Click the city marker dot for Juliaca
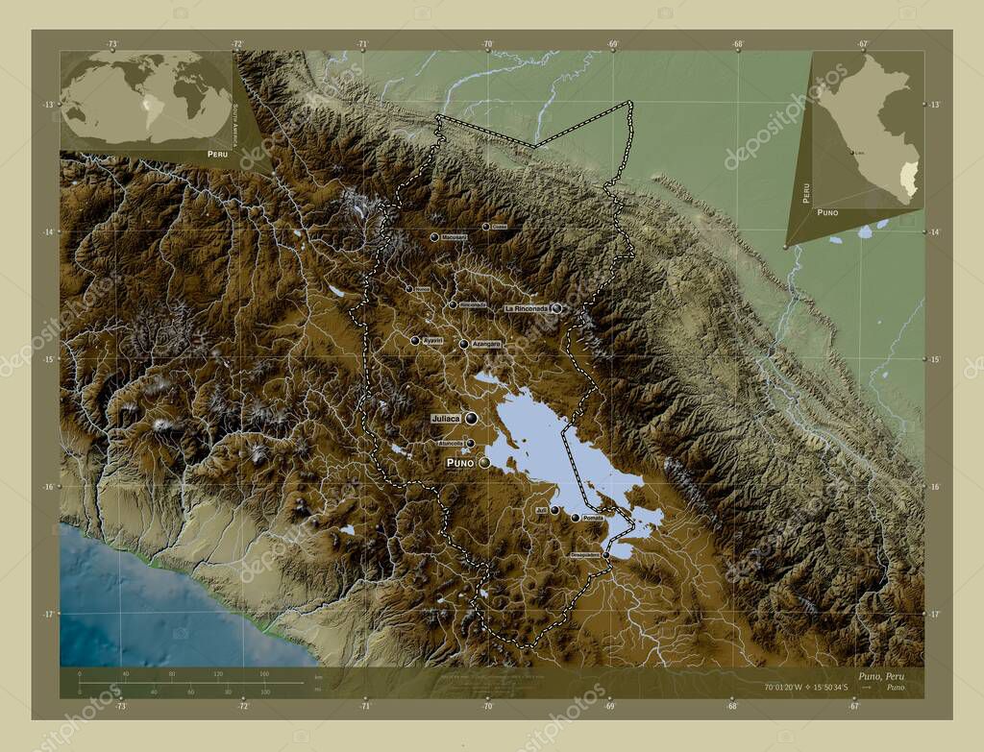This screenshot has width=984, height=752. pos(471,418)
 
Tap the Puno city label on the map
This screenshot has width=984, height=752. pos(458,463)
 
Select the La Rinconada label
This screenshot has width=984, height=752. pos(527,308)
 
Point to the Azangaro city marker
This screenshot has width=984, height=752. pos(463,344)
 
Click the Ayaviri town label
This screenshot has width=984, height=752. pos(433,340)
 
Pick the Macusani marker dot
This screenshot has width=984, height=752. pos(434,236)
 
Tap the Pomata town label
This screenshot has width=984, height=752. pos(593,518)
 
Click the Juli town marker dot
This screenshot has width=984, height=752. pos(554,510)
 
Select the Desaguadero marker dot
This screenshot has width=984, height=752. pos(605,554)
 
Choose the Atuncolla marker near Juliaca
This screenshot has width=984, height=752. pos(470,443)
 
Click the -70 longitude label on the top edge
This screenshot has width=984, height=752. pos(487,43)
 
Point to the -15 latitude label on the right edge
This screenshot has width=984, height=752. pos(934,358)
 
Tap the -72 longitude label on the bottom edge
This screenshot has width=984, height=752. pos(242,706)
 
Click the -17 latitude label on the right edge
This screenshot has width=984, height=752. pos(934,613)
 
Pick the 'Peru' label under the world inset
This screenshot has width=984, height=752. pos(217,154)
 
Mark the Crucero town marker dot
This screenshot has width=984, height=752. pos(485,227)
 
